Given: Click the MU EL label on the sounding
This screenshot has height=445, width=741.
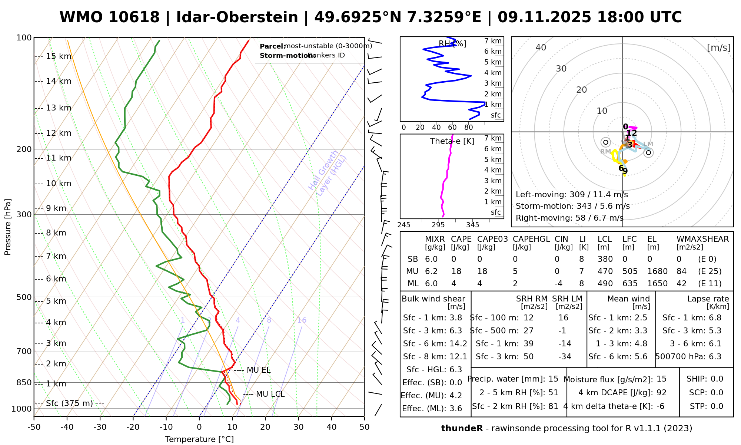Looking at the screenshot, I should [x=258, y=370].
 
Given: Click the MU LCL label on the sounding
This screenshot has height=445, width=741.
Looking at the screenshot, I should [x=270, y=394].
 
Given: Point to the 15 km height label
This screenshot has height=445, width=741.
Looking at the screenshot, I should [x=59, y=56].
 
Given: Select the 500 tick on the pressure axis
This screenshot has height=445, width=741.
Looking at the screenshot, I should [x=24, y=297].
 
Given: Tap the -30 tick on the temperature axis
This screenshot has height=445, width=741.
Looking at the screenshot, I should [x=100, y=427].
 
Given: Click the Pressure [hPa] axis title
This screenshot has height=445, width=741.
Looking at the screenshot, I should [x=8, y=227].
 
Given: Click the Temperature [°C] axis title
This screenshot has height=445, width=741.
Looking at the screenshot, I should [x=199, y=439].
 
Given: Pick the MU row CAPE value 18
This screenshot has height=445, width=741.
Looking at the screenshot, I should [x=456, y=271].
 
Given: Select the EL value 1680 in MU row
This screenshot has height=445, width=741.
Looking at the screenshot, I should [x=657, y=271].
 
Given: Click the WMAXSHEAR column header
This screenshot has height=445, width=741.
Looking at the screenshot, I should [x=702, y=239].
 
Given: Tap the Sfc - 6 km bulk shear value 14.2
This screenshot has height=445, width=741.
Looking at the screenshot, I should [x=458, y=344].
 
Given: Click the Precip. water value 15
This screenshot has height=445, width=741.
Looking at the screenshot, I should [x=553, y=379].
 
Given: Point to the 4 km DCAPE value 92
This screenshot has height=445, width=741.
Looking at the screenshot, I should [x=661, y=393].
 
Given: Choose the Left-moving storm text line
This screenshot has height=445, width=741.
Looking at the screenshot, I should [x=572, y=195].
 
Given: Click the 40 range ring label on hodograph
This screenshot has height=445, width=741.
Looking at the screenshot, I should [x=541, y=47].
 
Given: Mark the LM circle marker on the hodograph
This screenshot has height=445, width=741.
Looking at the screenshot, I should [x=648, y=152].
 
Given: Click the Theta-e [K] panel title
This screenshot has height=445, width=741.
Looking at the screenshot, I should [x=452, y=141].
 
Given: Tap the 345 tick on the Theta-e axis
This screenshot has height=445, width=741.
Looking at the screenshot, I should [x=472, y=225].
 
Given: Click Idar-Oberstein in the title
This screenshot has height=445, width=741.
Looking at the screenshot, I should [x=237, y=17].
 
